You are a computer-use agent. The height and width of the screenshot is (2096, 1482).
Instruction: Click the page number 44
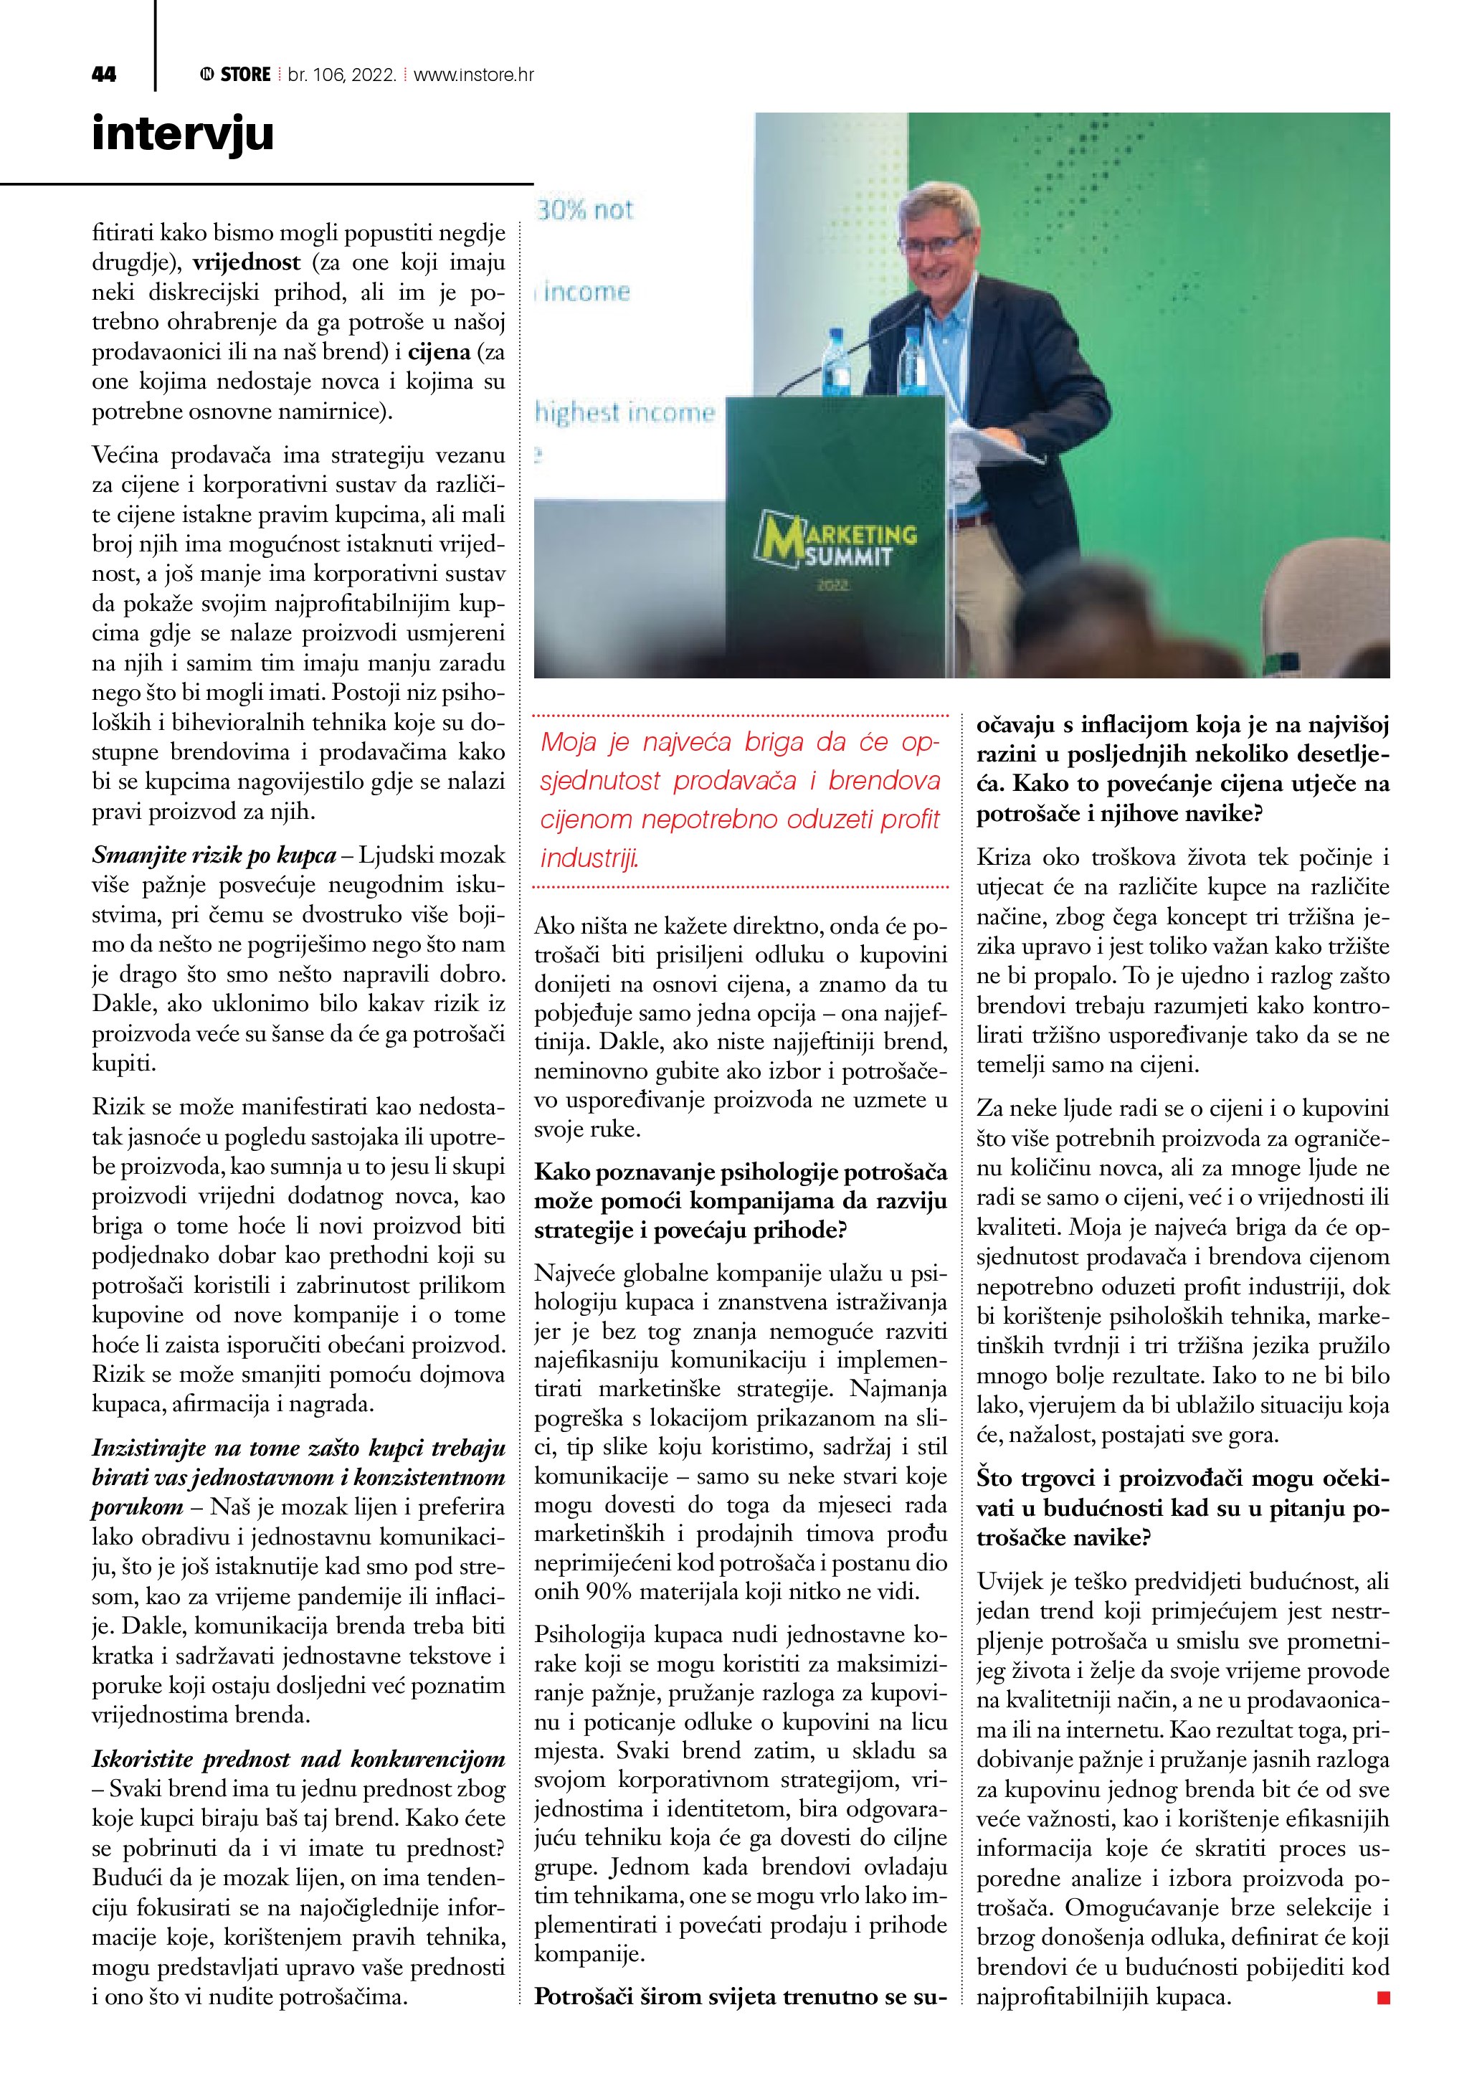[104, 75]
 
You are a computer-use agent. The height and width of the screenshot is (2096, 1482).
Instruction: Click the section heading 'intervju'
[183, 133]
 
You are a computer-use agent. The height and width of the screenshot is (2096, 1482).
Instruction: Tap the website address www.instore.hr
[474, 75]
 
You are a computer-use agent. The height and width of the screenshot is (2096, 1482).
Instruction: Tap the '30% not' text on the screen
[585, 210]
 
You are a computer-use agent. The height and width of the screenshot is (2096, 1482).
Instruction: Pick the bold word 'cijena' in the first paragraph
[439, 352]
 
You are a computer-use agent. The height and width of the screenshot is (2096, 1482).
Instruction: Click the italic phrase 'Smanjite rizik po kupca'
[214, 855]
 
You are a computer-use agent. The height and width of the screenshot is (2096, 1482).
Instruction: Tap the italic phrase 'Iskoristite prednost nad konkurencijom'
[298, 1759]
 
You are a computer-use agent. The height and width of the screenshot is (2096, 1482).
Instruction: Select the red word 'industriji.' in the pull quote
[589, 858]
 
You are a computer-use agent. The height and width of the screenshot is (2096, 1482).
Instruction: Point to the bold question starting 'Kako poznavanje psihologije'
[740, 1201]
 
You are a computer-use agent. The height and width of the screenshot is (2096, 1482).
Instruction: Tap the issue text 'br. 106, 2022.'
[341, 75]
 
